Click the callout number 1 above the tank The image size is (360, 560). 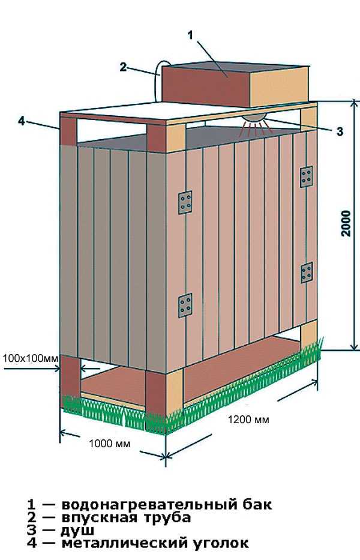(x=190, y=35)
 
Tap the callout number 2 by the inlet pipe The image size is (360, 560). (x=123, y=67)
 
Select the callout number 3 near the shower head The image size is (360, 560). (x=340, y=131)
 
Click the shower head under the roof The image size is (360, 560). (x=254, y=118)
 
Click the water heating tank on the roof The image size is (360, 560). (x=235, y=85)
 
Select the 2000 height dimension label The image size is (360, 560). (x=346, y=223)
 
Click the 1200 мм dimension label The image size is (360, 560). (x=248, y=419)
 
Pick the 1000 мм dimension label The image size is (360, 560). (x=110, y=444)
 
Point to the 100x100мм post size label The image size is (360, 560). (x=30, y=358)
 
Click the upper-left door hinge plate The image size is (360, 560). (x=185, y=202)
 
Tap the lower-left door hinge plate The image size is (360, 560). (x=185, y=306)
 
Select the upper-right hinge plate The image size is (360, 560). (x=307, y=177)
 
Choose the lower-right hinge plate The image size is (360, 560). (x=307, y=272)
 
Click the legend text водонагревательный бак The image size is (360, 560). (x=167, y=505)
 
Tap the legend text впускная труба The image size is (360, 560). (x=126, y=517)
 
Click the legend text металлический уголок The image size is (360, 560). (x=155, y=543)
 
